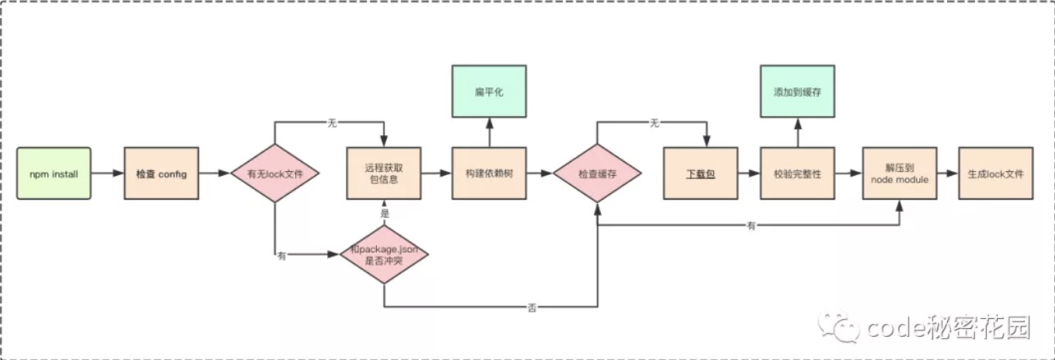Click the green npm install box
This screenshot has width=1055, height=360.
[54, 173]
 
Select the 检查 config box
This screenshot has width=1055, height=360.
[162, 173]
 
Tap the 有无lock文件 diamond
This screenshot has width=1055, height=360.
[275, 173]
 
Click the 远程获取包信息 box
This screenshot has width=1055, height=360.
[384, 173]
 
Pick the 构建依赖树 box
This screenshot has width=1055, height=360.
[489, 173]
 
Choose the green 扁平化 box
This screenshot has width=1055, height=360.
[489, 92]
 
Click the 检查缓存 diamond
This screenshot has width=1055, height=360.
[597, 173]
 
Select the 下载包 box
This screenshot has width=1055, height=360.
[701, 173]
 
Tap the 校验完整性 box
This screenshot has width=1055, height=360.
[798, 173]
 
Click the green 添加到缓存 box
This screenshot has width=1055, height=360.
[798, 92]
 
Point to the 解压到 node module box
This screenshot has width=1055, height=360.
[900, 173]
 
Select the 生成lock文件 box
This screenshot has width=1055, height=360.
[996, 173]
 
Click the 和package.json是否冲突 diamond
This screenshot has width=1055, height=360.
[384, 254]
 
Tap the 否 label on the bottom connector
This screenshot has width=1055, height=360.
[532, 308]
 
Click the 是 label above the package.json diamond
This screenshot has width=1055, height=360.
[385, 214]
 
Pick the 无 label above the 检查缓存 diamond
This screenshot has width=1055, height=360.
[654, 123]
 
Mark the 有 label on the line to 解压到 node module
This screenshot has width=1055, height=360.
[751, 226]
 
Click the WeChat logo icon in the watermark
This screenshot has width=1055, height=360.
[839, 326]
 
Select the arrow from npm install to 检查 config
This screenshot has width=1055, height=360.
[107, 173]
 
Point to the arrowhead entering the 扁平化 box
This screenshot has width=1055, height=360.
[489, 124]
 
